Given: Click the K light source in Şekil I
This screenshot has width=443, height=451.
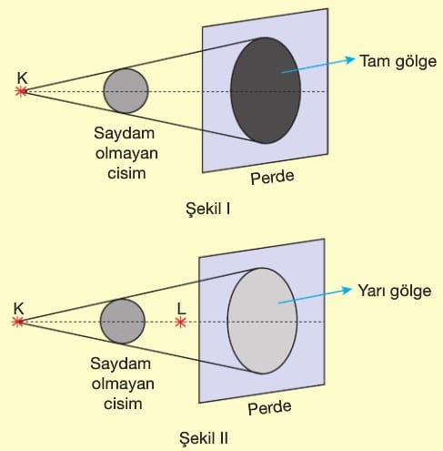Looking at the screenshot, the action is tap(21, 91).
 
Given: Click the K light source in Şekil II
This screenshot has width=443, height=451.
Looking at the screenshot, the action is tap(17, 322).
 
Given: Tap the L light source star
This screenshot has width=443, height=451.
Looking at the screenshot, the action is tap(180, 322).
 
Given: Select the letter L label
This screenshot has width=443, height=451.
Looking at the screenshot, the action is tap(181, 309).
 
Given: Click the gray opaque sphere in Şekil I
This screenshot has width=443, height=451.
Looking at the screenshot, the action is tap(126, 91).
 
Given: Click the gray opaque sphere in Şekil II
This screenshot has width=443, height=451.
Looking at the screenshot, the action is tap(123, 322).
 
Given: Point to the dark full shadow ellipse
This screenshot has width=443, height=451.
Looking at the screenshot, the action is tap(266, 90).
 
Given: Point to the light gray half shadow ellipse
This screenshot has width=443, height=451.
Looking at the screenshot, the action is tap(262, 321).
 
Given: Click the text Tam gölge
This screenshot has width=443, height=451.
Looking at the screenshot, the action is tap(398, 62).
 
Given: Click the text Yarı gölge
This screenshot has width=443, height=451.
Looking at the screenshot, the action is tap(394, 292).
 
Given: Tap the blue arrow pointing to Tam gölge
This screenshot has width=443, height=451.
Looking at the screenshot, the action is tap(317, 65).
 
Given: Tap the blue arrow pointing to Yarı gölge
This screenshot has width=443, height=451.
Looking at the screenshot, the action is tap(315, 295).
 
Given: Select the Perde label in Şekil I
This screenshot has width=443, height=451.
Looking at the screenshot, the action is tap(272, 177).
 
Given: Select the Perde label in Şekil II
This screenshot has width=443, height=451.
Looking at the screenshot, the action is tap(269, 407).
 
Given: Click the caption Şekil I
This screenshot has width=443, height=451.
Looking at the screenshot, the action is tap(208, 209).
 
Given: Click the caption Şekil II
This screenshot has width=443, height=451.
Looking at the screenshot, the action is tap(204, 438).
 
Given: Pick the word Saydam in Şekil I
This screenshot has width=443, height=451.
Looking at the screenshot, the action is tap(124, 134).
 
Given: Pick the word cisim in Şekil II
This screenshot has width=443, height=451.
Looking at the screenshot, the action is tap(123, 404).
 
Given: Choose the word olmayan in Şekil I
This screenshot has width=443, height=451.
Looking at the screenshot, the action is tap(126, 153).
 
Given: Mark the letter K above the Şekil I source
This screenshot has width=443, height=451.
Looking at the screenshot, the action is tap(22, 78).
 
